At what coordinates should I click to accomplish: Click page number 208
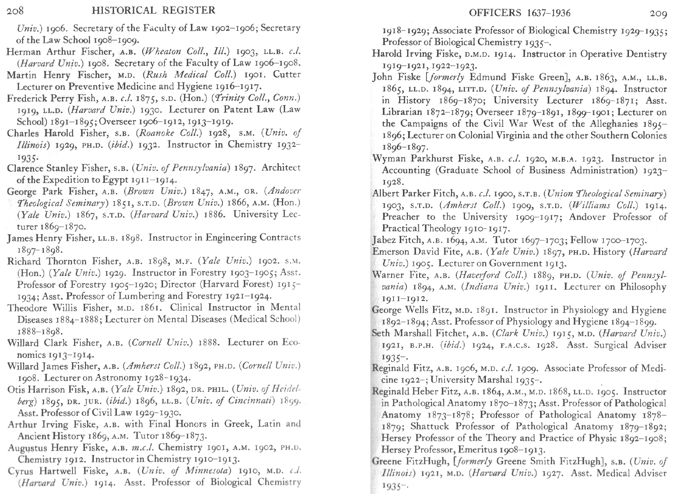[x=15, y=11]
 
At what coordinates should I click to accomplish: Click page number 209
[x=658, y=14]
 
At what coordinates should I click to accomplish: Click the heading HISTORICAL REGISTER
[x=153, y=10]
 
